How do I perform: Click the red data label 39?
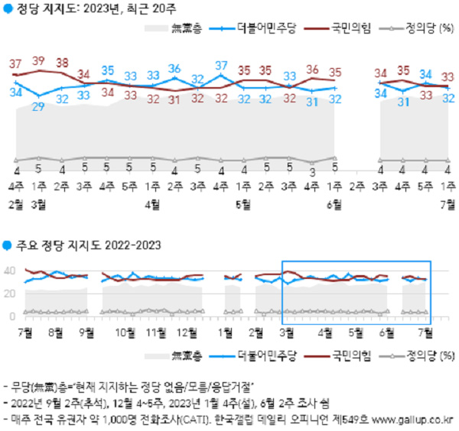pyautogui.click(x=39, y=60)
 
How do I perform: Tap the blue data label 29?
pyautogui.click(x=39, y=105)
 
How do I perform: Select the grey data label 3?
pyautogui.click(x=311, y=171)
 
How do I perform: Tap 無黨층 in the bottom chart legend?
pyautogui.click(x=186, y=355)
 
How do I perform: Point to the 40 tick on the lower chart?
pyautogui.click(x=10, y=271)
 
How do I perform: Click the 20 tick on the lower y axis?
pyautogui.click(x=10, y=293)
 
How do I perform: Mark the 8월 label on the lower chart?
pyautogui.click(x=55, y=332)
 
